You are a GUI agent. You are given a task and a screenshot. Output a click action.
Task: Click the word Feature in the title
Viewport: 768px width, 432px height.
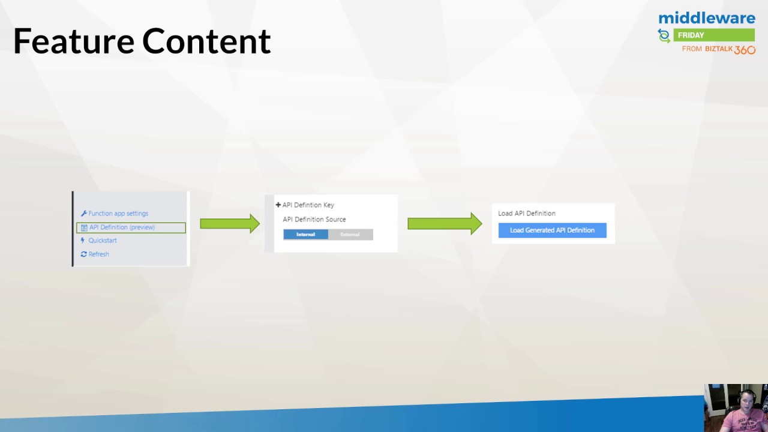click(73, 41)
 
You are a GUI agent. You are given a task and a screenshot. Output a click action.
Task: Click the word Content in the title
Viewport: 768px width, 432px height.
click(206, 41)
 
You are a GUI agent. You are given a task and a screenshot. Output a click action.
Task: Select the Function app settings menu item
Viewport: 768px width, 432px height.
click(118, 214)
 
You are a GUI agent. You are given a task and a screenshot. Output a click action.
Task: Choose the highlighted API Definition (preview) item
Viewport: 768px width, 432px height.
click(122, 227)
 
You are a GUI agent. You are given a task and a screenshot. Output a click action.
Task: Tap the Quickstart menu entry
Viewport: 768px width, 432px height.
click(103, 241)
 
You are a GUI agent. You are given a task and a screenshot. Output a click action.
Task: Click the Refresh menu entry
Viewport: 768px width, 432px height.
click(98, 254)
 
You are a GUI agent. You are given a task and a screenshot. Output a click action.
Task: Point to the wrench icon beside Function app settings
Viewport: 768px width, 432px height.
click(84, 214)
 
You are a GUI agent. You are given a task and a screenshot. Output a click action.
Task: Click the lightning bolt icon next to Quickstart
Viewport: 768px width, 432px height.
click(83, 241)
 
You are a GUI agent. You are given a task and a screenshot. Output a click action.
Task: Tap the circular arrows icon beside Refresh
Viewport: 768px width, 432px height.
click(83, 254)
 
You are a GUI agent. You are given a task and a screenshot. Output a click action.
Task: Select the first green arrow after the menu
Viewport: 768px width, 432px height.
click(230, 224)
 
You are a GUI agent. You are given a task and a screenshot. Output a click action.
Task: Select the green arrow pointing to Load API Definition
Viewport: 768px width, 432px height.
click(445, 224)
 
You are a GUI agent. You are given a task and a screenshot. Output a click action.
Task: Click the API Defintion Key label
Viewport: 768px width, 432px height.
click(308, 205)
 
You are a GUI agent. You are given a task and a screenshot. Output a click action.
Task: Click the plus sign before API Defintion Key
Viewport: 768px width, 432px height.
click(278, 205)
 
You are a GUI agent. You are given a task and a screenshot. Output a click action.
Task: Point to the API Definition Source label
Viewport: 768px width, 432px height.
click(314, 220)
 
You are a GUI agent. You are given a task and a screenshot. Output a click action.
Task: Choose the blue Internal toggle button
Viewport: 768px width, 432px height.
click(305, 235)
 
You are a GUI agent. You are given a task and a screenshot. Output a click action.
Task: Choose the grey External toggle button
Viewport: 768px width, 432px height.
click(350, 235)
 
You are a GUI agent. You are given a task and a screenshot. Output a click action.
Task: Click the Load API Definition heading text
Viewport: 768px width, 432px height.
click(527, 214)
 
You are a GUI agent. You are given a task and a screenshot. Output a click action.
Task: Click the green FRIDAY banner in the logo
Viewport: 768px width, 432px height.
click(713, 35)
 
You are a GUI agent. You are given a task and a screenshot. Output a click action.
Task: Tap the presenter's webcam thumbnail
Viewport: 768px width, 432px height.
click(736, 408)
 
